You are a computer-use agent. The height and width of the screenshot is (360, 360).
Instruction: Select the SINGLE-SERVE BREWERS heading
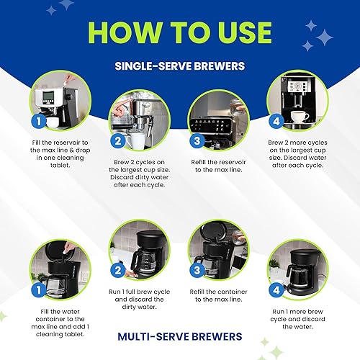179,66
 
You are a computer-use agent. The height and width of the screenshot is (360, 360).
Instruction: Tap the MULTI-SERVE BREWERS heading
179,336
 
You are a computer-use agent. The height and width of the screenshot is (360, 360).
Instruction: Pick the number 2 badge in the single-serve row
118,141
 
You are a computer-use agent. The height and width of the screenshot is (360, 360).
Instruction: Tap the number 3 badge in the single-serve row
197,141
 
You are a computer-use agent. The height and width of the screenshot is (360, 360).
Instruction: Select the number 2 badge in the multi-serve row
118,271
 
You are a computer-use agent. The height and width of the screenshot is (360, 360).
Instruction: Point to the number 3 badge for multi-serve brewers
197,271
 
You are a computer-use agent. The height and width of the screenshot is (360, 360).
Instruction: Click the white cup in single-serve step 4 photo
300,117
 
